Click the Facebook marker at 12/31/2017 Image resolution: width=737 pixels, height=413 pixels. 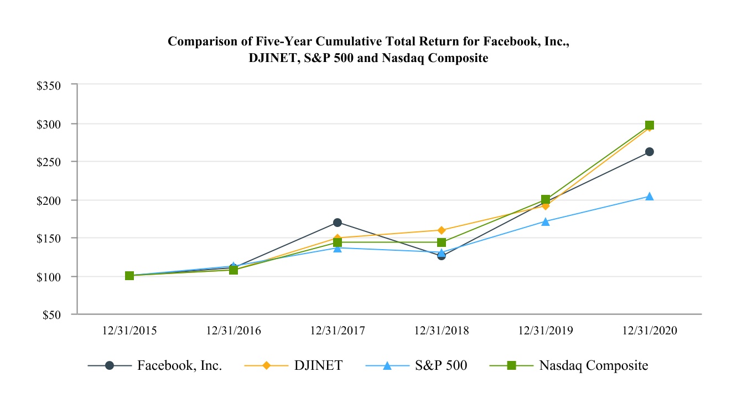click(338, 223)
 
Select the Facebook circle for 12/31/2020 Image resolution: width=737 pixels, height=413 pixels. click(650, 152)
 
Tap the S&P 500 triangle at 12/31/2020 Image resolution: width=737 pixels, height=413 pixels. click(650, 197)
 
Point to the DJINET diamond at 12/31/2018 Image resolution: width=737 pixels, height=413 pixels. click(442, 230)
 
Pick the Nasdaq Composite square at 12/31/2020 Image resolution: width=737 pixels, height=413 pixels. click(650, 125)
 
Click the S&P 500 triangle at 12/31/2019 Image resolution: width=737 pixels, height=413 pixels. click(546, 221)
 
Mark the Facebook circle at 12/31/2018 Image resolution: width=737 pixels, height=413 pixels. click(442, 255)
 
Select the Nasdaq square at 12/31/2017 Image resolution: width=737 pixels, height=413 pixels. click(338, 242)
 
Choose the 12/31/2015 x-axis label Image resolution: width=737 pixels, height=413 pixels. click(129, 331)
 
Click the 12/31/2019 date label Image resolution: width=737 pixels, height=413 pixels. click(546, 331)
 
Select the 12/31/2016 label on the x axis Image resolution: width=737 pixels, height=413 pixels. click(233, 331)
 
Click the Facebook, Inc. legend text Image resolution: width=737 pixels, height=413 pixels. click(180, 365)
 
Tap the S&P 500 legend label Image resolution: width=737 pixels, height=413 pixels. click(441, 365)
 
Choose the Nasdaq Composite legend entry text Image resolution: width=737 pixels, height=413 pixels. click(594, 365)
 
